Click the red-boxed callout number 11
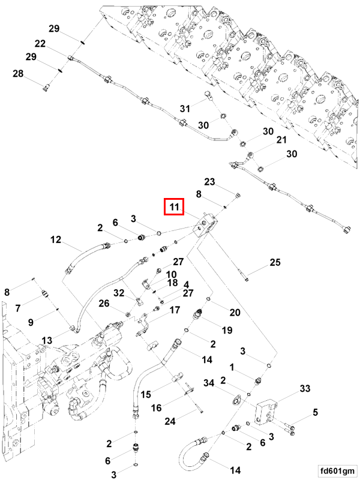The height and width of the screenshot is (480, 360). click(174, 207)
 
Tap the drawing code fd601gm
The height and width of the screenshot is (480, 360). click(338, 470)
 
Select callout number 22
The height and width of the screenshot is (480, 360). click(40, 43)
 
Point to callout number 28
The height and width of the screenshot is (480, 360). click(18, 73)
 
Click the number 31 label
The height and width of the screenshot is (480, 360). click(185, 109)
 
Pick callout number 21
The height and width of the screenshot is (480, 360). click(281, 140)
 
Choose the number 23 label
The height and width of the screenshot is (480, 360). click(209, 182)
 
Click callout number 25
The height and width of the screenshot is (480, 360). click(275, 262)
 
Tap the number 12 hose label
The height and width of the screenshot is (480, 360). click(56, 239)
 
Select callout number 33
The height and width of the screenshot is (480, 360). click(305, 388)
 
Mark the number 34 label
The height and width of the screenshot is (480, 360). click(209, 383)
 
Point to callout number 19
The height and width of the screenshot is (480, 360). click(227, 331)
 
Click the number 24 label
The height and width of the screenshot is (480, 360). click(170, 421)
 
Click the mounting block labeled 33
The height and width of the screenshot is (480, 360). click(266, 412)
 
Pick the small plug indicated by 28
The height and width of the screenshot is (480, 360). click(46, 88)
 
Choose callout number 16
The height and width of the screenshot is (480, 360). click(157, 408)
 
